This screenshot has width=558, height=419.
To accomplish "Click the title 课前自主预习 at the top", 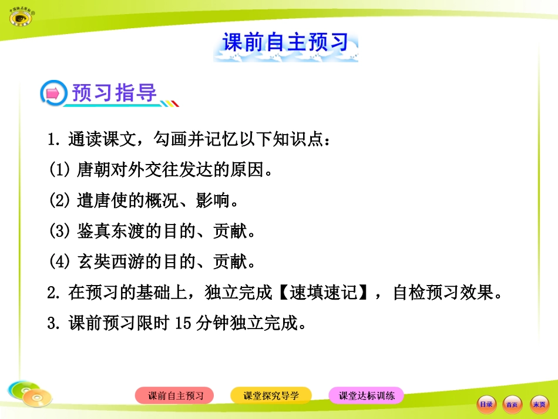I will pos(285,43).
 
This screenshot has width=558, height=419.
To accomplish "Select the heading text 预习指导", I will pos(115,93).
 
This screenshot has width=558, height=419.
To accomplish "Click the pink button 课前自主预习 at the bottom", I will pos(175,395).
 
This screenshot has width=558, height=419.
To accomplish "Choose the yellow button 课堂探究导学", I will pos(271,395).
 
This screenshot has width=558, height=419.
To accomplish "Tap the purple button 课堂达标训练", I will pos(367,395).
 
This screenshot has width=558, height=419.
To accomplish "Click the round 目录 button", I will pos(486,404).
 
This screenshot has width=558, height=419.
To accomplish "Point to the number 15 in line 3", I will pos(183,323).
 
